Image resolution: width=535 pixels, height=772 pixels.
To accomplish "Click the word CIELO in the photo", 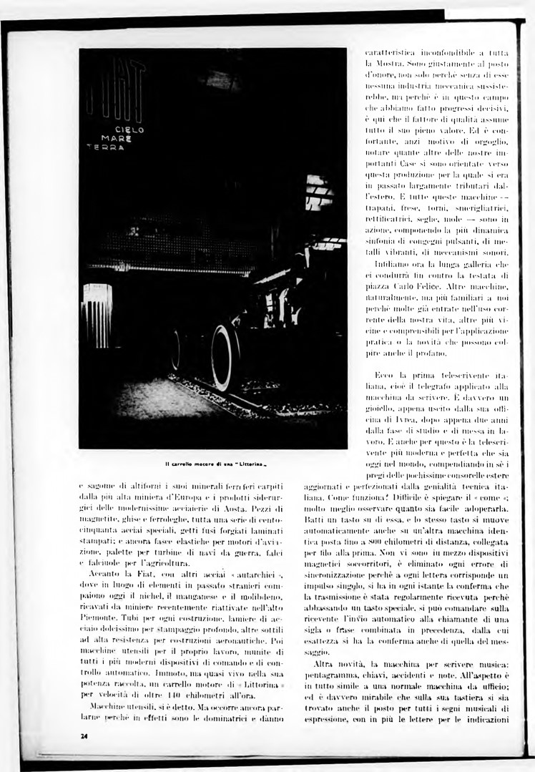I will (x=129, y=130).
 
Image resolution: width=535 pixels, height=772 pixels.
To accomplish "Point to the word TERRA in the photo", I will (x=103, y=148).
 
